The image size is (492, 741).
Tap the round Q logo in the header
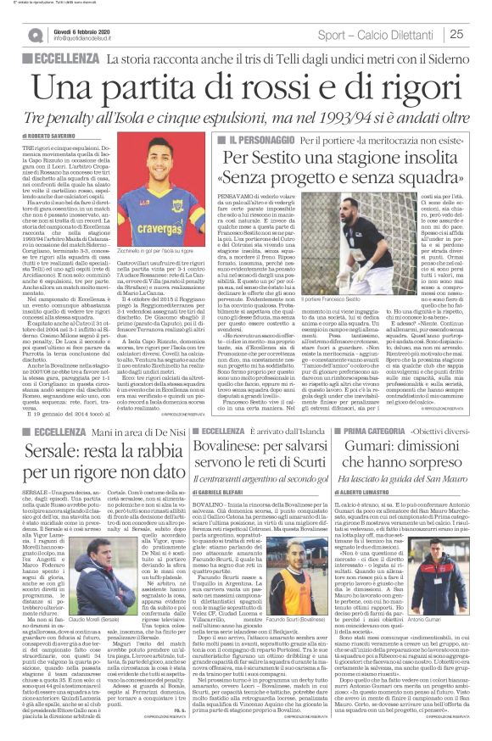35,35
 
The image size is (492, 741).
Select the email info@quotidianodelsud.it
86,39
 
